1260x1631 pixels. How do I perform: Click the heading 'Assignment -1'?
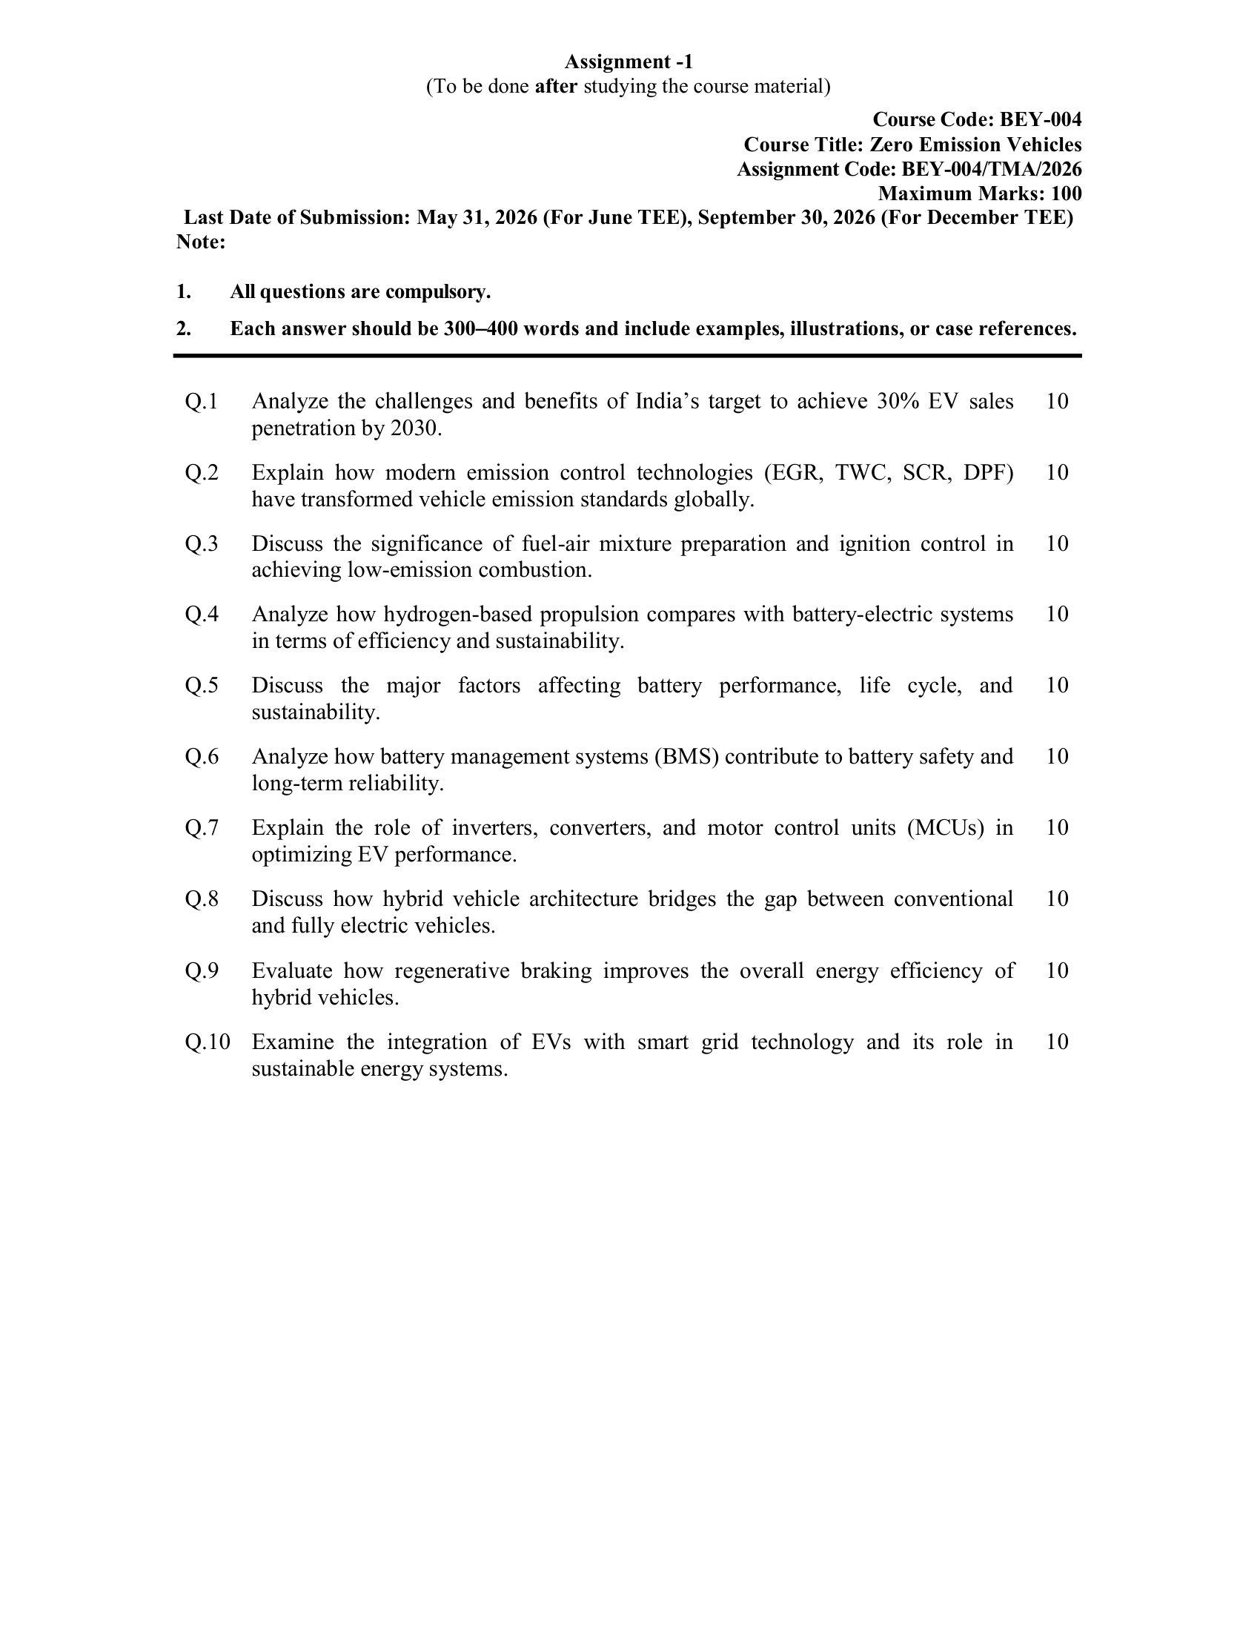[629, 62]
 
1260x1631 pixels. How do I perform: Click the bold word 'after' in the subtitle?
[556, 87]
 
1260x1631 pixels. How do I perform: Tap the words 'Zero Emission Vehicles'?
[975, 144]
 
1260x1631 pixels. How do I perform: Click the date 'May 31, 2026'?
[477, 217]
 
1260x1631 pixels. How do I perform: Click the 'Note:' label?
[201, 242]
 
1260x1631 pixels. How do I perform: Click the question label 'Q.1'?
[202, 402]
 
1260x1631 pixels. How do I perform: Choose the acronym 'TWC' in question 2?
[863, 473]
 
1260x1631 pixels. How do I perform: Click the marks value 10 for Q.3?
[1057, 543]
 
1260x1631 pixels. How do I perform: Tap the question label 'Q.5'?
[202, 686]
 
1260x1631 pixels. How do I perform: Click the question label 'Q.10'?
[208, 1042]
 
